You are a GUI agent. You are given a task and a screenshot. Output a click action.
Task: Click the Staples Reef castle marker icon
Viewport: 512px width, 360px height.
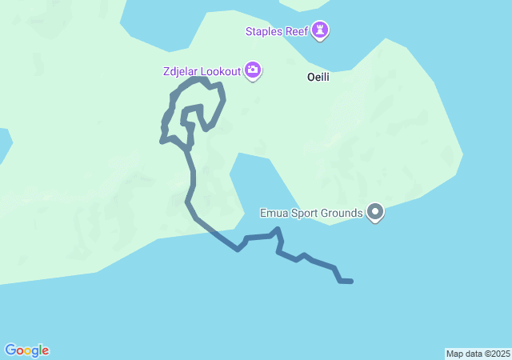321,30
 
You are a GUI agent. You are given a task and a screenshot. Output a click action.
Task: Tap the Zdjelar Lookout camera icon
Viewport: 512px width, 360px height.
253,71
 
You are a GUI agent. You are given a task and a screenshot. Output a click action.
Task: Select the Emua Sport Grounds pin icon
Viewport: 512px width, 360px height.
375,212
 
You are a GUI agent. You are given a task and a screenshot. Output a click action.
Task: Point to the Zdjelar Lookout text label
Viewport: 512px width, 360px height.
201,71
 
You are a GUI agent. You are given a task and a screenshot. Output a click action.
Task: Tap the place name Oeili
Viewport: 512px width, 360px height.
318,78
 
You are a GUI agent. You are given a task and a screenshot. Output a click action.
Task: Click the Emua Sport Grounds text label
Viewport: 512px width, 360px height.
312,213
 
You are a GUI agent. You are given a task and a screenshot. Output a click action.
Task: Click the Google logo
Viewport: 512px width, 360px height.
26,350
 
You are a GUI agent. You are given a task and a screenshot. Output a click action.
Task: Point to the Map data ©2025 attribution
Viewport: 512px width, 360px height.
478,354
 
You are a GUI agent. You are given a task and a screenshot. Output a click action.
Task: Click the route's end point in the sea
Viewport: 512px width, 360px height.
350,281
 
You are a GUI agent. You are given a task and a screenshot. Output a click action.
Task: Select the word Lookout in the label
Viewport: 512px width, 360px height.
220,71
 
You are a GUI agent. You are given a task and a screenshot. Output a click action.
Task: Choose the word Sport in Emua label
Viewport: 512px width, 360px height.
304,213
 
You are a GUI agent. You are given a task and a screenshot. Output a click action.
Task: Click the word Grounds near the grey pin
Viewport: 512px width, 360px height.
342,213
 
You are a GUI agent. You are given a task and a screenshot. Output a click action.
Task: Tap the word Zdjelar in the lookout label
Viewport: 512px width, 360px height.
180,71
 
